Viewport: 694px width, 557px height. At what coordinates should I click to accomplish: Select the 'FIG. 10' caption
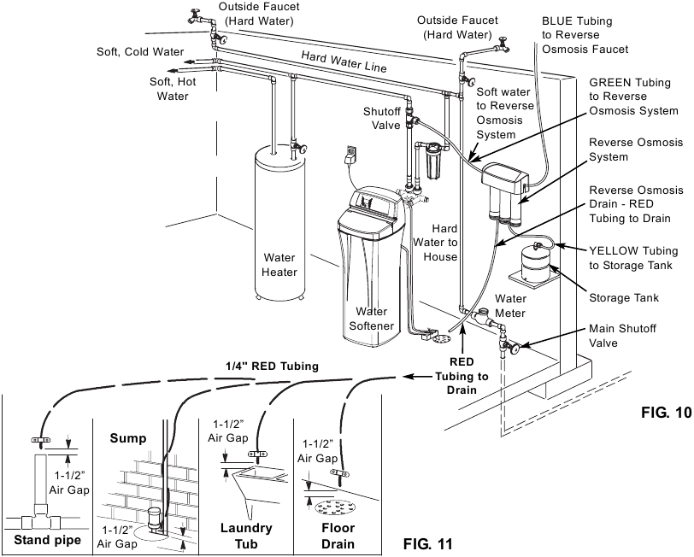click(x=666, y=413)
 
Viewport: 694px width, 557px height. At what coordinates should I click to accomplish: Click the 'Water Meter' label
click(x=510, y=306)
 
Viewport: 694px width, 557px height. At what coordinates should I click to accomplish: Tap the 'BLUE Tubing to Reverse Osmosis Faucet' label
click(x=589, y=33)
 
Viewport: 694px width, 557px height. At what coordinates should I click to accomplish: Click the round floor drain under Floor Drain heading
click(x=335, y=507)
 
